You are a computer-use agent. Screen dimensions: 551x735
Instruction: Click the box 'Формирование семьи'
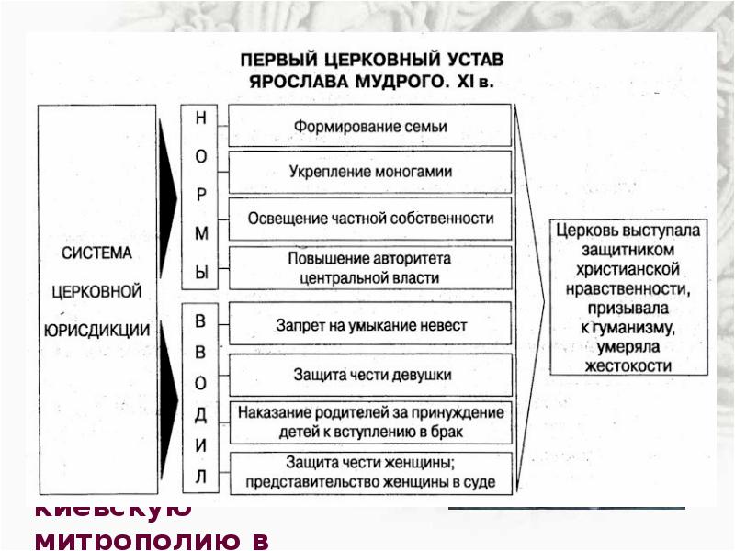point(370,127)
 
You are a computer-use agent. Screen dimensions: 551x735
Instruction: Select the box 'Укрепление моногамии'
point(370,172)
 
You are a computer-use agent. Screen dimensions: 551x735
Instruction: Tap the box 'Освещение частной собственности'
point(370,219)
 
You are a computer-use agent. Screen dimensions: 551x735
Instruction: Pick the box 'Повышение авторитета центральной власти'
point(370,267)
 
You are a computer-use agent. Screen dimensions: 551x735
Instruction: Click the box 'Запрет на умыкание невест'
point(370,325)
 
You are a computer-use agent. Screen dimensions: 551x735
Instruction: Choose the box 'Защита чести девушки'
point(370,375)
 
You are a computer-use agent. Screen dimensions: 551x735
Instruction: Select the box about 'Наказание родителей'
point(370,422)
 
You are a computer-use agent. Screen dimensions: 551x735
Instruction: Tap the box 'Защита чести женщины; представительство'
point(370,472)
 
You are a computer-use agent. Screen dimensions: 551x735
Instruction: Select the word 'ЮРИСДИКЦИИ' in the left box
point(98,327)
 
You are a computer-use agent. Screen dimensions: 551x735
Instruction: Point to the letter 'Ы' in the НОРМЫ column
point(201,273)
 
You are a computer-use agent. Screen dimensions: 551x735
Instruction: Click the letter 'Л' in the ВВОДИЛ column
point(201,477)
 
